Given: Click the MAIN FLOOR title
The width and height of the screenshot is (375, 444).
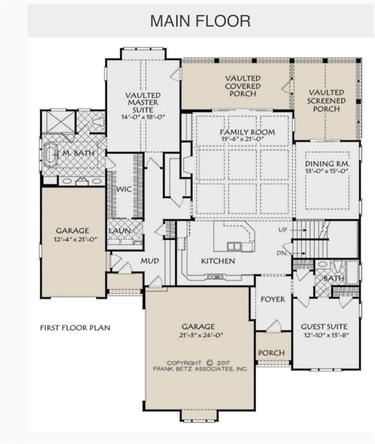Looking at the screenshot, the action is point(200,21).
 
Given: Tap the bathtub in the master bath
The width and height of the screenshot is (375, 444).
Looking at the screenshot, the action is point(51,154).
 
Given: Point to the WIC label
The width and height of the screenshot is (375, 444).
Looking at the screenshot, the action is point(124,189).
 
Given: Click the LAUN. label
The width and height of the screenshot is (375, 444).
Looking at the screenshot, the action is point(121,231).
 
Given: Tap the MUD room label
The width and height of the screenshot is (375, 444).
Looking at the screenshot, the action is point(150,261).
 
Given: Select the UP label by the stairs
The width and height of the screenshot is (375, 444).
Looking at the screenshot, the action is point(282,230).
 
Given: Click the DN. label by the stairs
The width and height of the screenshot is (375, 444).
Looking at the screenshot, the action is point(282,253).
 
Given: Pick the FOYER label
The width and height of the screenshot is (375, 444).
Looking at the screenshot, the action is point(273,300).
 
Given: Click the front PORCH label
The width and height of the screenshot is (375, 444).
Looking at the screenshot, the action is point(271,353).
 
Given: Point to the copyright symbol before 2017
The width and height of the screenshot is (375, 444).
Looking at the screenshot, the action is point(210,363).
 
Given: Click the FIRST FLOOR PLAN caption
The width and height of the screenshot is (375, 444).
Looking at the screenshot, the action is point(75,328).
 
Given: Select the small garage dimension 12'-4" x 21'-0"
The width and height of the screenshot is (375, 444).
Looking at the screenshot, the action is point(76,239).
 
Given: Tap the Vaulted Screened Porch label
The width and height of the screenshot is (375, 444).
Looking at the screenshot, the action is point(326,100).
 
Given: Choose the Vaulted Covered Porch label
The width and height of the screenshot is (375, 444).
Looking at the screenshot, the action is point(243,86).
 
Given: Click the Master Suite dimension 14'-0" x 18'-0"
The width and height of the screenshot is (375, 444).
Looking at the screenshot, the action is point(143,117).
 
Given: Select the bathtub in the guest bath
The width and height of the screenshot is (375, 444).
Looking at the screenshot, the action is point(352,272).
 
